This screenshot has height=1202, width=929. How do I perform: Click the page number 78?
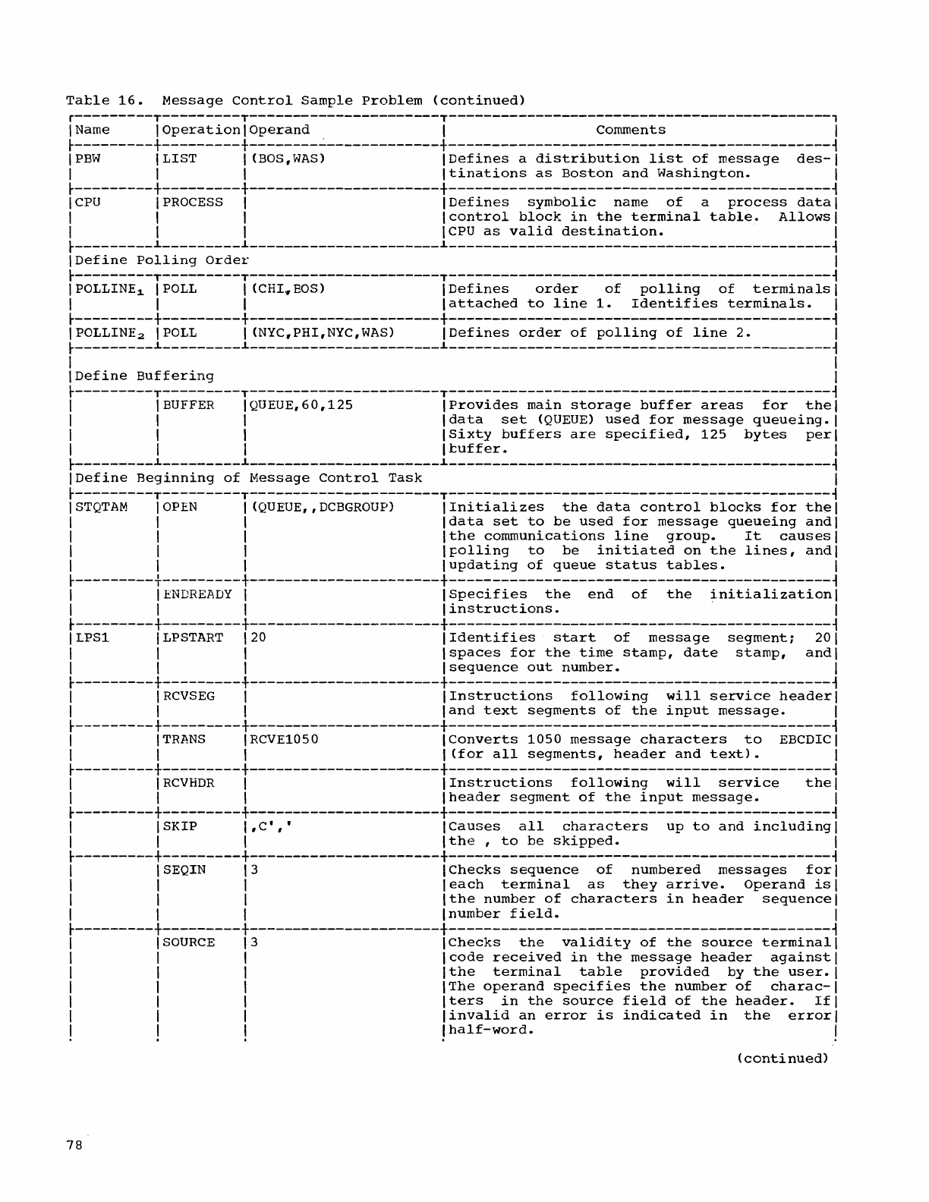[x=73, y=1147]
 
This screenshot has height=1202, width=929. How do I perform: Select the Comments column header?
[x=630, y=130]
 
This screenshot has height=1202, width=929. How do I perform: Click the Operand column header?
[x=279, y=130]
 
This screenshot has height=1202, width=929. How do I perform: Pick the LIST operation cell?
[x=180, y=159]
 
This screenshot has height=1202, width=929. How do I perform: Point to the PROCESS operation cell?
[x=193, y=203]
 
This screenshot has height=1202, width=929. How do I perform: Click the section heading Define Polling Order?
[x=162, y=260]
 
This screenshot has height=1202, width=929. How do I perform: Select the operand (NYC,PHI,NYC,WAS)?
[x=323, y=332]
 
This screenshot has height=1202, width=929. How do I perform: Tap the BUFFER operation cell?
[x=188, y=405]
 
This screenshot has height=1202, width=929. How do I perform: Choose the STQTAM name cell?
[x=102, y=507]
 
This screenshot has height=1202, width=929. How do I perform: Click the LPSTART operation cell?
[x=193, y=638]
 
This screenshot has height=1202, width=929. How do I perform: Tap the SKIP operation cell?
[x=180, y=826]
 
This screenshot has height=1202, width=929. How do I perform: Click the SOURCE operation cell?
[x=188, y=942]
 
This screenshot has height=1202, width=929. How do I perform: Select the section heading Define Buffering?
[x=144, y=376]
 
